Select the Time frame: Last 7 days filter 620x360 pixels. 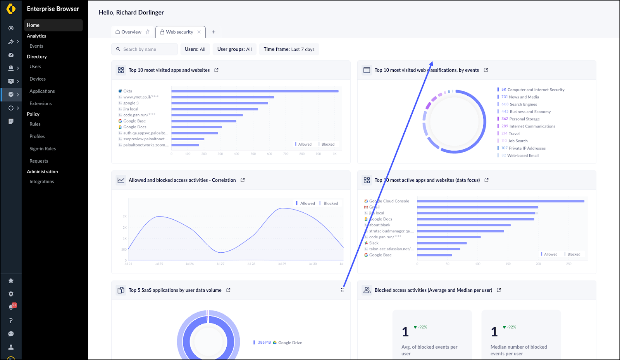coord(289,49)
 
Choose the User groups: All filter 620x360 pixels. coord(234,49)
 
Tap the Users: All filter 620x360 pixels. coord(195,49)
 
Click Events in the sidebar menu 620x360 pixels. coord(36,46)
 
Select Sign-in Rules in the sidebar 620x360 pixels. coord(43,149)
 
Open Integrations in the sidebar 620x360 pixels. coord(42,182)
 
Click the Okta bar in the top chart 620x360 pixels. coord(255,91)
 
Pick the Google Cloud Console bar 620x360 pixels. coord(500,201)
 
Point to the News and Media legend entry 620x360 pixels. coord(524,97)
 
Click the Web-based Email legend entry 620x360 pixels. coord(523,155)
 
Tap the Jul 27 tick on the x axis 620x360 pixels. coord(220,264)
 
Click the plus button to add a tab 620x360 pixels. coord(214,32)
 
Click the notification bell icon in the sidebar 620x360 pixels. coord(11,307)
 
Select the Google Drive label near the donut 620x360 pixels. coord(289,343)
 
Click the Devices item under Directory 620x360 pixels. coord(38,79)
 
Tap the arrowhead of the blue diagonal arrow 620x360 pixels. coord(432,63)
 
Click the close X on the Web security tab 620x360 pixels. coord(199,32)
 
